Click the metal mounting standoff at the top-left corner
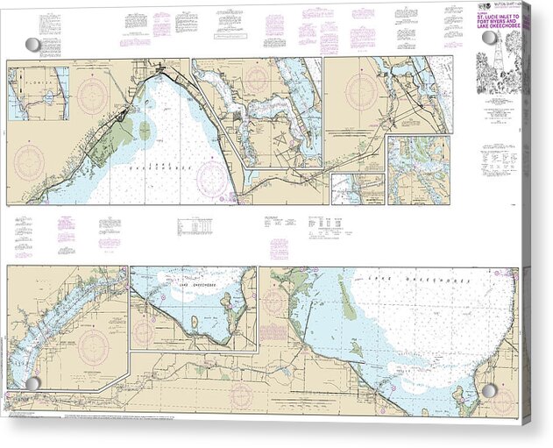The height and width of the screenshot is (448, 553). click(x=32, y=44)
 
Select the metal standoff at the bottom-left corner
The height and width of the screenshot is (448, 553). click(x=32, y=384)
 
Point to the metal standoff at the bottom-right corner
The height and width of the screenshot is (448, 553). click(x=489, y=390)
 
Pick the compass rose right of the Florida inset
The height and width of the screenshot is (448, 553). click(x=92, y=95)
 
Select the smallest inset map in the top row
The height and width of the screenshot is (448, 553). click(x=358, y=188)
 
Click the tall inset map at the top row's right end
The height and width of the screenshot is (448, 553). click(x=419, y=170)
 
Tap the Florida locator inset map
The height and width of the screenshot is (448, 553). click(x=39, y=93)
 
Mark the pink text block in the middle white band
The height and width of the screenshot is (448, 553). click(x=279, y=248)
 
